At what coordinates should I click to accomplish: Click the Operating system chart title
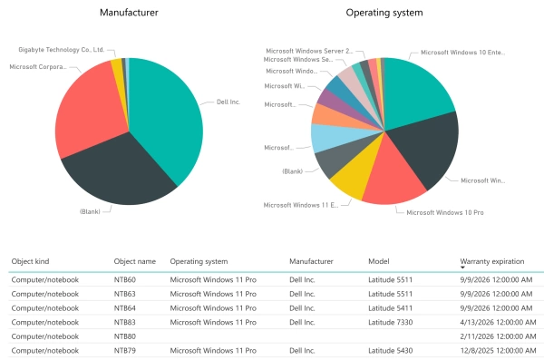(384, 13)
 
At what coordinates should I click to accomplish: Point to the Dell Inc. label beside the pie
(228, 102)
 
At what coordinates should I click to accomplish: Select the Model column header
(379, 261)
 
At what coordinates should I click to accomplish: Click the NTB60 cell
(125, 280)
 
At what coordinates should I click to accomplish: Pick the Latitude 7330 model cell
(390, 322)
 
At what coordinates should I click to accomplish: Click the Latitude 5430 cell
(390, 349)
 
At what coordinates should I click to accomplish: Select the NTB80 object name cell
(125, 336)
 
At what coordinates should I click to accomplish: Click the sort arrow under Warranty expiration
(463, 268)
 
